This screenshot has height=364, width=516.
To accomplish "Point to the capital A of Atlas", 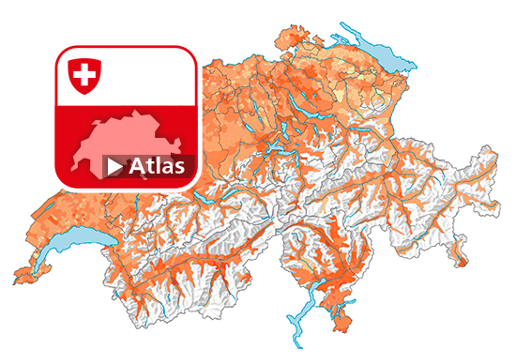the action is (138, 167).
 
